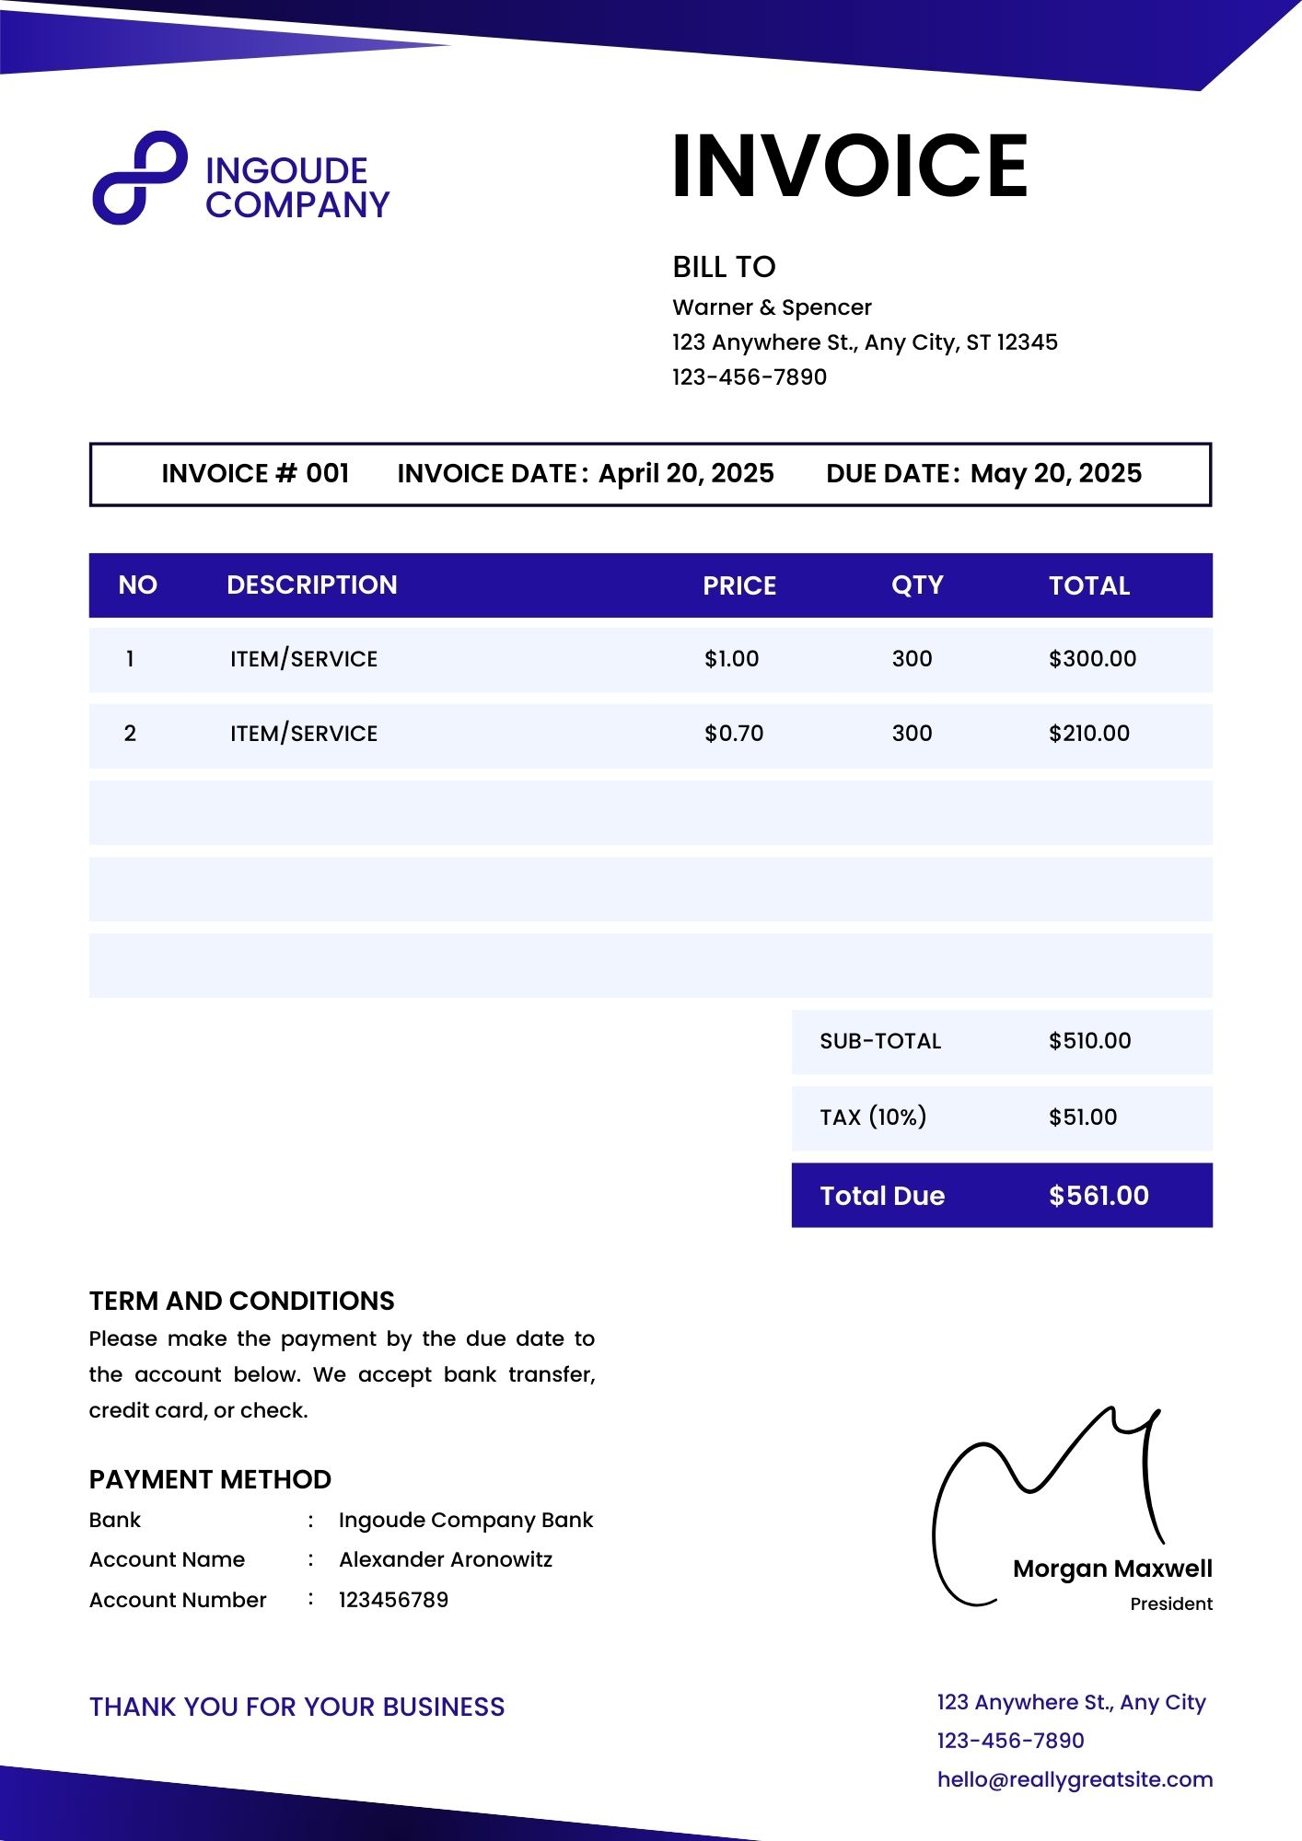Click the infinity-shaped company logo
coord(140,178)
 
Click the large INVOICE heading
coord(849,167)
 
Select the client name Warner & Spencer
coord(772,307)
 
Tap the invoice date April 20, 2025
coord(686,474)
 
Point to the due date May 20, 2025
coord(1055,474)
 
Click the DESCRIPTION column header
coord(311,585)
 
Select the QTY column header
coord(917,585)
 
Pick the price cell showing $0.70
coord(734,734)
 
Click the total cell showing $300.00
coord(1092,659)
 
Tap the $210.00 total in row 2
coord(1088,734)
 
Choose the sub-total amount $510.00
coord(1089,1041)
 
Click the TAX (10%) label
coord(873,1117)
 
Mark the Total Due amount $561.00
coord(1099,1196)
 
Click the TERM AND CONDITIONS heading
coord(241,1301)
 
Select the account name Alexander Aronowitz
coord(446,1559)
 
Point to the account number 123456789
coord(393,1600)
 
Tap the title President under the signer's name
coord(1170,1604)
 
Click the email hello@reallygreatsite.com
coord(1075,1779)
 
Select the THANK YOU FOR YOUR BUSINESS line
coord(296,1707)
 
